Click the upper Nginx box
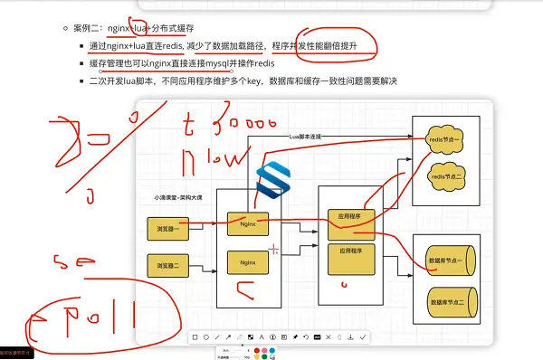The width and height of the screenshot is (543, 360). (247, 222)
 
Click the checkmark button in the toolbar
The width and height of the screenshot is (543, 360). (363, 336)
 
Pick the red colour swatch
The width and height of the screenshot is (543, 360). (258, 349)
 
